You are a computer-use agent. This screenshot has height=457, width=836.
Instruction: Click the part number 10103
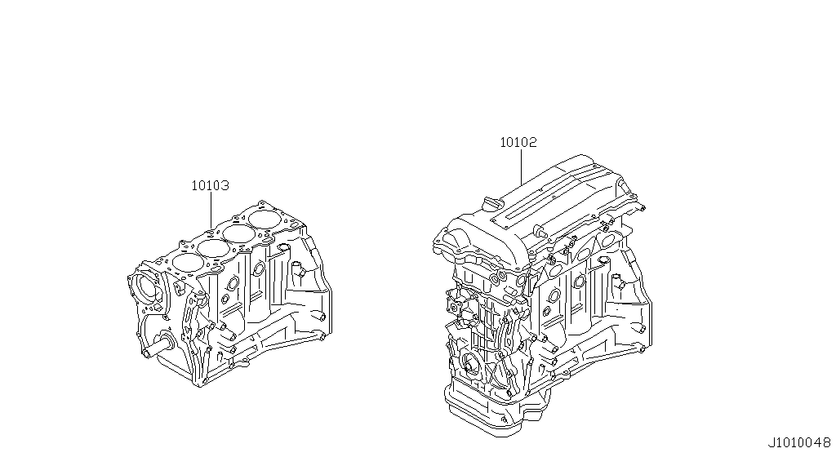click(x=210, y=186)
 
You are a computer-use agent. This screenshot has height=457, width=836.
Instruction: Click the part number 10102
click(x=518, y=142)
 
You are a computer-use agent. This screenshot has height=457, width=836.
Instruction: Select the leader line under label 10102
click(x=520, y=166)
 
